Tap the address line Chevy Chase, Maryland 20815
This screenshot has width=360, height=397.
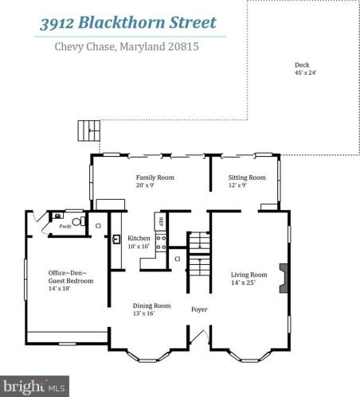pyautogui.click(x=126, y=47)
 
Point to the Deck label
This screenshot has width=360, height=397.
pyautogui.click(x=301, y=65)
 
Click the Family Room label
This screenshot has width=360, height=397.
pyautogui.click(x=155, y=177)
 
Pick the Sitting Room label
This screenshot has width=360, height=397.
pyautogui.click(x=247, y=177)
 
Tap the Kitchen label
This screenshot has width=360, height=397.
pyautogui.click(x=139, y=239)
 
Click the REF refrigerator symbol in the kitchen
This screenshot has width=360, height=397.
pyautogui.click(x=160, y=221)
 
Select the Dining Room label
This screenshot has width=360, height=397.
pyautogui.click(x=151, y=306)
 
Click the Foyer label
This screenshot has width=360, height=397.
pyautogui.click(x=199, y=309)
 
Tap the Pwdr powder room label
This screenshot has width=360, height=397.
pyautogui.click(x=65, y=227)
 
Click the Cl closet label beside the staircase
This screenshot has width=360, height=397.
pyautogui.click(x=178, y=259)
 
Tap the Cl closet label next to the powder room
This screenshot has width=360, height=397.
pyautogui.click(x=99, y=226)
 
